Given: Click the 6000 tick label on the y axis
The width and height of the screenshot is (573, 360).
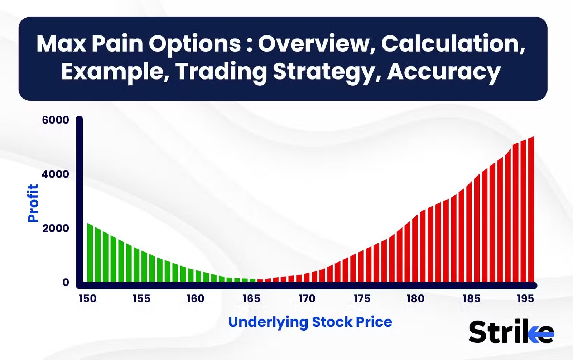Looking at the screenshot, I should (x=56, y=120).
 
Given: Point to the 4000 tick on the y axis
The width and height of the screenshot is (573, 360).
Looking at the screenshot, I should (x=56, y=174).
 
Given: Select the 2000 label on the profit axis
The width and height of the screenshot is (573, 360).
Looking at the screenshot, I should (x=56, y=228).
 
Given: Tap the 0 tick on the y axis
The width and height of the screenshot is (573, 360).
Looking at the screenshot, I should (x=66, y=282).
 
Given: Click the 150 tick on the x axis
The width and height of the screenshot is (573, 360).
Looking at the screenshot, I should (x=87, y=299).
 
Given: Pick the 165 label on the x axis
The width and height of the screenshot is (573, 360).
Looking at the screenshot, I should (x=251, y=299).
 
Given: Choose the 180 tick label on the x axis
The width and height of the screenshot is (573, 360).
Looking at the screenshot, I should (x=415, y=299).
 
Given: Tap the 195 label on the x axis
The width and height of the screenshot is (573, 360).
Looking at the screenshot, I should (x=525, y=299).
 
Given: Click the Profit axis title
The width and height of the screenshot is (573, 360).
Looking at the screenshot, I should (x=33, y=203).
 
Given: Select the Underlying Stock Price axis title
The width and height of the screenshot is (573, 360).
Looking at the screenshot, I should (x=310, y=322).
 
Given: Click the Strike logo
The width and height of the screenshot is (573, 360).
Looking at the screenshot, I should (x=511, y=332).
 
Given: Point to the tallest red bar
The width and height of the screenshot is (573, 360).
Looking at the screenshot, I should (x=531, y=210).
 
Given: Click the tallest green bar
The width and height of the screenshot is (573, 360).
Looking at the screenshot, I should (x=90, y=253).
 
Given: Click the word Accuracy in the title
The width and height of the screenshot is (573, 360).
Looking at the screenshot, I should (x=444, y=72).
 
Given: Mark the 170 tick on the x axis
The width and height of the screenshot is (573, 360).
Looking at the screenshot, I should (x=307, y=299).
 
